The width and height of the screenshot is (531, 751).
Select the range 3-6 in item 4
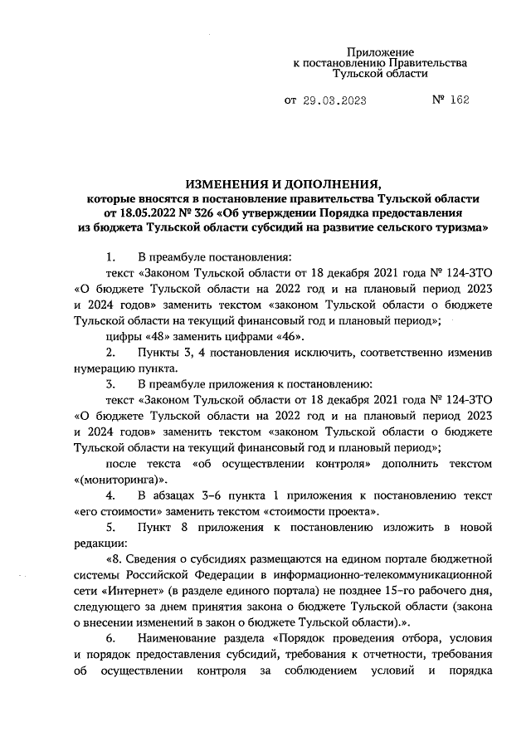[215, 496]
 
